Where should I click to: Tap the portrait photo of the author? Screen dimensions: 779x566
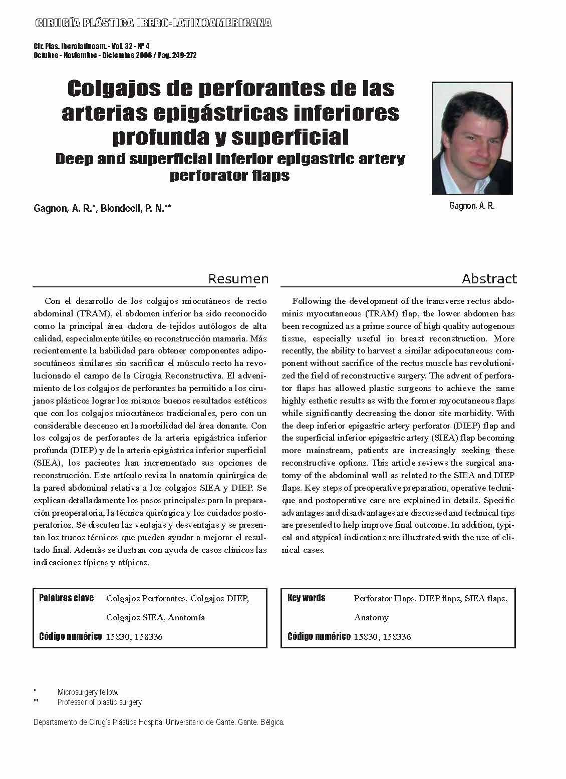472,138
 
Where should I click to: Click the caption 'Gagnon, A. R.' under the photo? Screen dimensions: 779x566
472,206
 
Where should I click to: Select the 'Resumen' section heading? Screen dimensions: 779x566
238,279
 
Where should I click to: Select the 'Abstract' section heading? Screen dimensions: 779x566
489,279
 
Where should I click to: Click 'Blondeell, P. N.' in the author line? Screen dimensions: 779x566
135,209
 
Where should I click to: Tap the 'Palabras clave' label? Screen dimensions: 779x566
66,598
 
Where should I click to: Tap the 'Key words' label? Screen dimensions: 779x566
307,598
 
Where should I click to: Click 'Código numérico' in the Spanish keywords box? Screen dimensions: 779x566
71,637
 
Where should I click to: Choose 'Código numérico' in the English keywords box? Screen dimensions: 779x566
319,637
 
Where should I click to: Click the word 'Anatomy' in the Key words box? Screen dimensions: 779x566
371,618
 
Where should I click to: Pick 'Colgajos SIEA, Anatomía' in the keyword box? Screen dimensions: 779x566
156,618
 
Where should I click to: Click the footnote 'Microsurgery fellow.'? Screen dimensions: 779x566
88,692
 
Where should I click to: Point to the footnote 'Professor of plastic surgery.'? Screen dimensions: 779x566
100,702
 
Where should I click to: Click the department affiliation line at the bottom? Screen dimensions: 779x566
159,722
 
